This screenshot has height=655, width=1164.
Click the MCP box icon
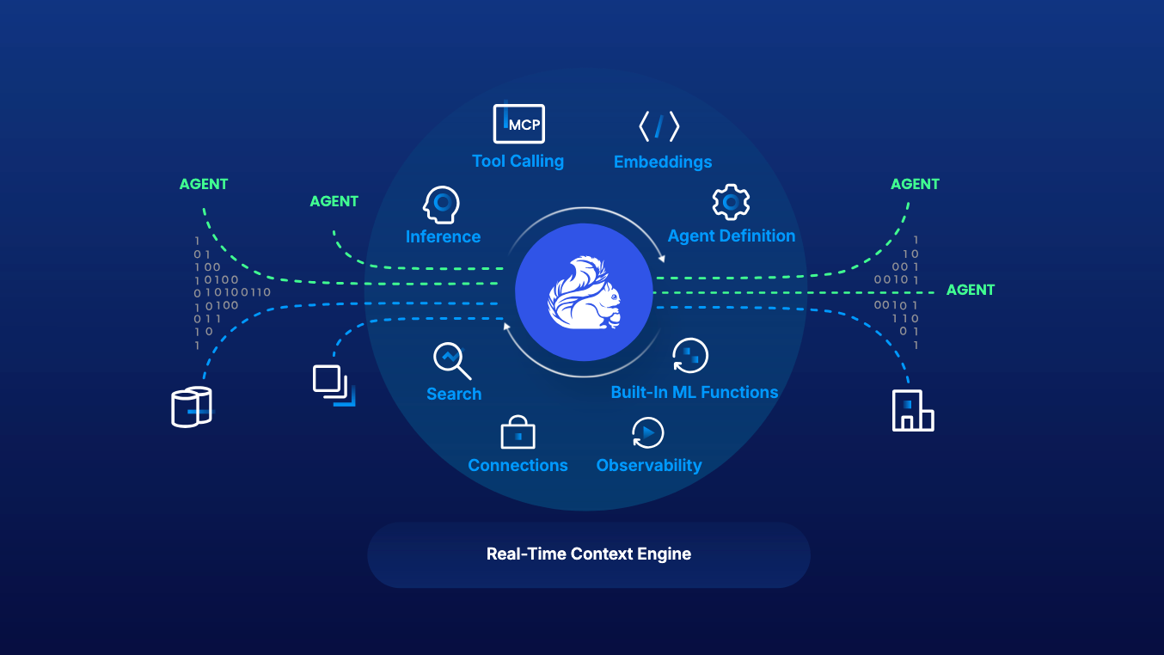point(518,123)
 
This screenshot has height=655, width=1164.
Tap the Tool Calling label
point(518,161)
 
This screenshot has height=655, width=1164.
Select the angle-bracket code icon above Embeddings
point(659,126)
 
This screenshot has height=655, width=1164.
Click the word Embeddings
point(663,162)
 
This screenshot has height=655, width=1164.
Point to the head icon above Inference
point(441,205)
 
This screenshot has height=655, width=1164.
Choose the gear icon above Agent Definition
point(731,202)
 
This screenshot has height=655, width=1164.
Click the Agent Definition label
point(731,236)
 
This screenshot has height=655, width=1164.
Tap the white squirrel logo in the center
point(584,292)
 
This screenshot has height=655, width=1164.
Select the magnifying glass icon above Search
point(451,361)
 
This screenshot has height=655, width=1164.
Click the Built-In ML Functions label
point(695,392)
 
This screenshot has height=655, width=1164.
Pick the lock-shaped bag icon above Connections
point(518,432)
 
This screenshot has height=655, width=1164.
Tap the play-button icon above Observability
point(647,432)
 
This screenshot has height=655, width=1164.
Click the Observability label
point(648,465)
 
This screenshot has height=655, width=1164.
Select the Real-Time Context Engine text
point(589,554)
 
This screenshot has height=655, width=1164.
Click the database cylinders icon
point(191,407)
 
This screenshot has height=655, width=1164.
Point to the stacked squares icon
point(334,385)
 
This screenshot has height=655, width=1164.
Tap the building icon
point(912,410)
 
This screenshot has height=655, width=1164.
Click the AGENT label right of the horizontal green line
point(971,290)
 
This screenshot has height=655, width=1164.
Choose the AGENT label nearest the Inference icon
point(334,201)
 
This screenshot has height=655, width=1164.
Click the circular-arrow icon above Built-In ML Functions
point(690,356)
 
